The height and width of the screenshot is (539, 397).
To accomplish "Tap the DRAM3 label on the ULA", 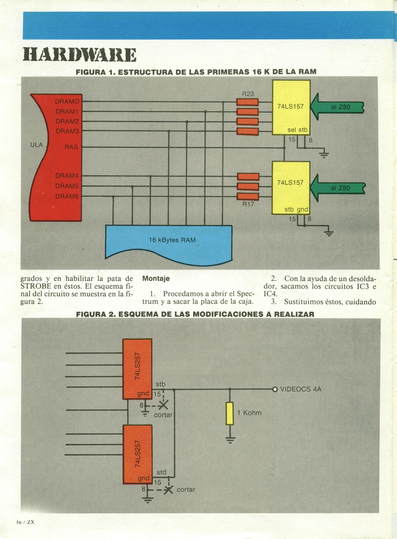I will [x=67, y=131].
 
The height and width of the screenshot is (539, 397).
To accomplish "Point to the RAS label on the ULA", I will [x=71, y=147].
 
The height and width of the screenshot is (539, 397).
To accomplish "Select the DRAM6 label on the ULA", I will [x=67, y=196].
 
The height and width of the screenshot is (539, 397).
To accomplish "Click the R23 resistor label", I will [x=248, y=94].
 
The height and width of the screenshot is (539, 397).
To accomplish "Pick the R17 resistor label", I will [x=248, y=204].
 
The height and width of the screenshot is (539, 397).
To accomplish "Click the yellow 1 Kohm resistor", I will [x=230, y=413].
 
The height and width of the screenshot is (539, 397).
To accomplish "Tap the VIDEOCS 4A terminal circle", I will [x=274, y=389].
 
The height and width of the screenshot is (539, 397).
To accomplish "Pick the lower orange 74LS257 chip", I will [x=137, y=454].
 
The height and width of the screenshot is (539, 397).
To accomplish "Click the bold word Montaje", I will [x=156, y=279].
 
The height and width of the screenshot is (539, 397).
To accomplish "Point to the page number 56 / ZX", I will [x=25, y=522].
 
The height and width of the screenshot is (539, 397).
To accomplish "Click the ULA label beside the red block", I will [x=37, y=145].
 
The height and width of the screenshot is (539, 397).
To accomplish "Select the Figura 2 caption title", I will [x=195, y=314].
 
